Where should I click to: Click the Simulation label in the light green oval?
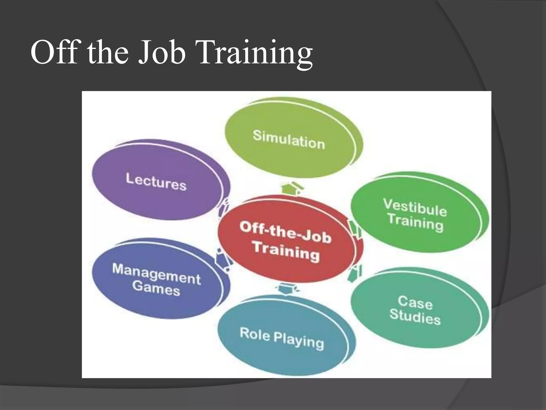[289, 139]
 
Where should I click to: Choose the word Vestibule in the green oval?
[415, 207]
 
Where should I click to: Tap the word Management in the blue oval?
[156, 274]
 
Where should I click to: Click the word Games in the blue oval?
[156, 288]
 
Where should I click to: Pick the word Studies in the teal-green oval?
[415, 317]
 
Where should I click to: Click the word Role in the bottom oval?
[255, 334]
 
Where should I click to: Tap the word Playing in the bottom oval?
[299, 341]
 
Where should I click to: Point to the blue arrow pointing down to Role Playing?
[287, 289]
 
